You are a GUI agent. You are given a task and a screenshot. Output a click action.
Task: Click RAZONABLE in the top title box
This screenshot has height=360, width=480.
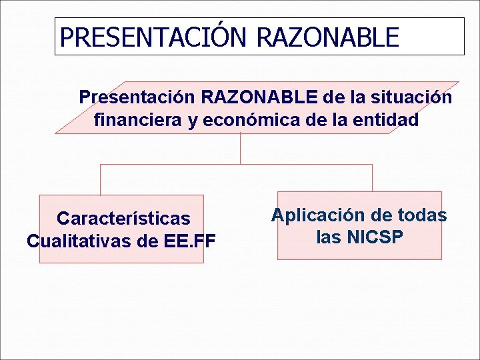[327, 37]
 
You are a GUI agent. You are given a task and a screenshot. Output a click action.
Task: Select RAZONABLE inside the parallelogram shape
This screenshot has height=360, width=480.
[259, 97]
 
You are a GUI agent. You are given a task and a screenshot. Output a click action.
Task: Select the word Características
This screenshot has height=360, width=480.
[123, 219]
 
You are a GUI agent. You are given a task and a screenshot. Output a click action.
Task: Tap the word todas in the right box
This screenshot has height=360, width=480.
[421, 215]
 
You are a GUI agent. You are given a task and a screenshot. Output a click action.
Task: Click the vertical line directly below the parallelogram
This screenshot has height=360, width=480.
[240, 148]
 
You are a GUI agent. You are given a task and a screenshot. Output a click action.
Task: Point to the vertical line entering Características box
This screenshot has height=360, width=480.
[101, 179]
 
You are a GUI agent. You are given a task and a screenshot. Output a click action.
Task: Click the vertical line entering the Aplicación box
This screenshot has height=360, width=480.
[372, 178]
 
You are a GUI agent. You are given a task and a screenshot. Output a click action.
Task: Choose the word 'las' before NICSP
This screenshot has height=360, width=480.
[329, 237]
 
